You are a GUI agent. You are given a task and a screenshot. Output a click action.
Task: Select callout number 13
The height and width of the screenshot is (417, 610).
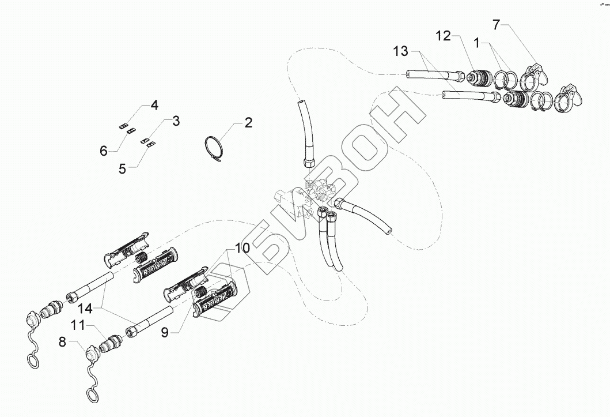[401, 52]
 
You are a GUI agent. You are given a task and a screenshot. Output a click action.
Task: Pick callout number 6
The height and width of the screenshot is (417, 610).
[103, 151]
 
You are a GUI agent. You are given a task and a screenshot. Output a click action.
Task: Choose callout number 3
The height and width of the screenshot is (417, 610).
[176, 121]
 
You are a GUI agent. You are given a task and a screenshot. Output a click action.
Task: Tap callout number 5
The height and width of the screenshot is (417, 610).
[122, 168]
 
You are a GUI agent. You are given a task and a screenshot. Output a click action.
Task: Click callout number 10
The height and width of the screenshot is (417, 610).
[242, 248]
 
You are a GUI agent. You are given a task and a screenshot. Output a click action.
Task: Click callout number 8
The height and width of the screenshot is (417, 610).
[62, 342]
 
